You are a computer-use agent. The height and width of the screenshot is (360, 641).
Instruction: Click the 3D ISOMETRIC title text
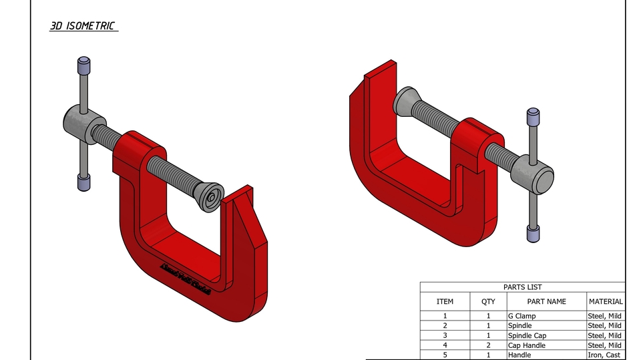click(83, 26)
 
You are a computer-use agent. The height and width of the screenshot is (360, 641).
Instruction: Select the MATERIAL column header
click(606, 301)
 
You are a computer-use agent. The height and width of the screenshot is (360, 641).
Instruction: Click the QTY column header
click(488, 301)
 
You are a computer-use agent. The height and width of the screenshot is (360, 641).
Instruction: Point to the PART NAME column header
click(546, 301)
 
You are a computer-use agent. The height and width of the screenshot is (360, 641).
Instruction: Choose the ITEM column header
click(445, 301)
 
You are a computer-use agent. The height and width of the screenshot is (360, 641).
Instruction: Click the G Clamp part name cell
click(521, 316)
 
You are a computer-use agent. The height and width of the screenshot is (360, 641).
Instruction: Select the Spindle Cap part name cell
click(527, 335)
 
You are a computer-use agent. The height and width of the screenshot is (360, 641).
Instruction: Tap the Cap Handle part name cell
click(526, 345)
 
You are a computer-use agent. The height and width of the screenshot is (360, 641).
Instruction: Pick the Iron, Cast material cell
click(604, 355)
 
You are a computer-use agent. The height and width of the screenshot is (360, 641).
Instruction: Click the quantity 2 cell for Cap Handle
click(488, 345)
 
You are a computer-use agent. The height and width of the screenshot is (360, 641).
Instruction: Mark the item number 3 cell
click(445, 335)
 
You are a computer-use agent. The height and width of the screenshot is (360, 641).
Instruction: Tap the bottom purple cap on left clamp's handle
click(83, 181)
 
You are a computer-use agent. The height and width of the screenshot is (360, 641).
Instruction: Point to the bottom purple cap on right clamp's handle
click(533, 233)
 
